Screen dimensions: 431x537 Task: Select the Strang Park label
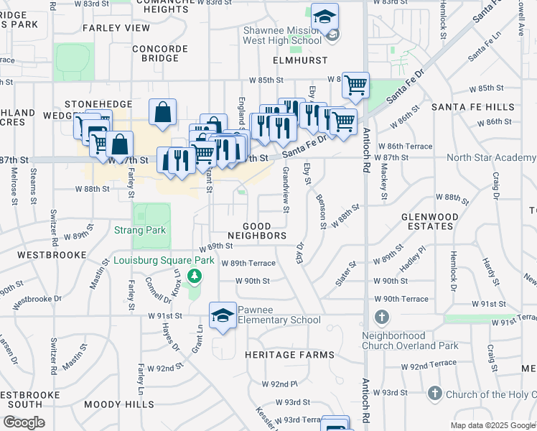(140, 231)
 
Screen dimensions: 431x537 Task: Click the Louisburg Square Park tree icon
(193, 276)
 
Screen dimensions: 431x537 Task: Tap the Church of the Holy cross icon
(434, 394)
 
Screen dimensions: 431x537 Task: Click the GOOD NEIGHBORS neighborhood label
(258, 231)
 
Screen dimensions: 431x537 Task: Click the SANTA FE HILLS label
(472, 106)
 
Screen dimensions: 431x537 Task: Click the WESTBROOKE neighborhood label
(47, 255)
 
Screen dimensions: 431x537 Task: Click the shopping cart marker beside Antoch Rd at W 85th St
(355, 85)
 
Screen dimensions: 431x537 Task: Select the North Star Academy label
(491, 157)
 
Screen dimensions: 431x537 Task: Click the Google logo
(24, 422)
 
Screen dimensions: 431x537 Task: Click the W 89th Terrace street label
(249, 264)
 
